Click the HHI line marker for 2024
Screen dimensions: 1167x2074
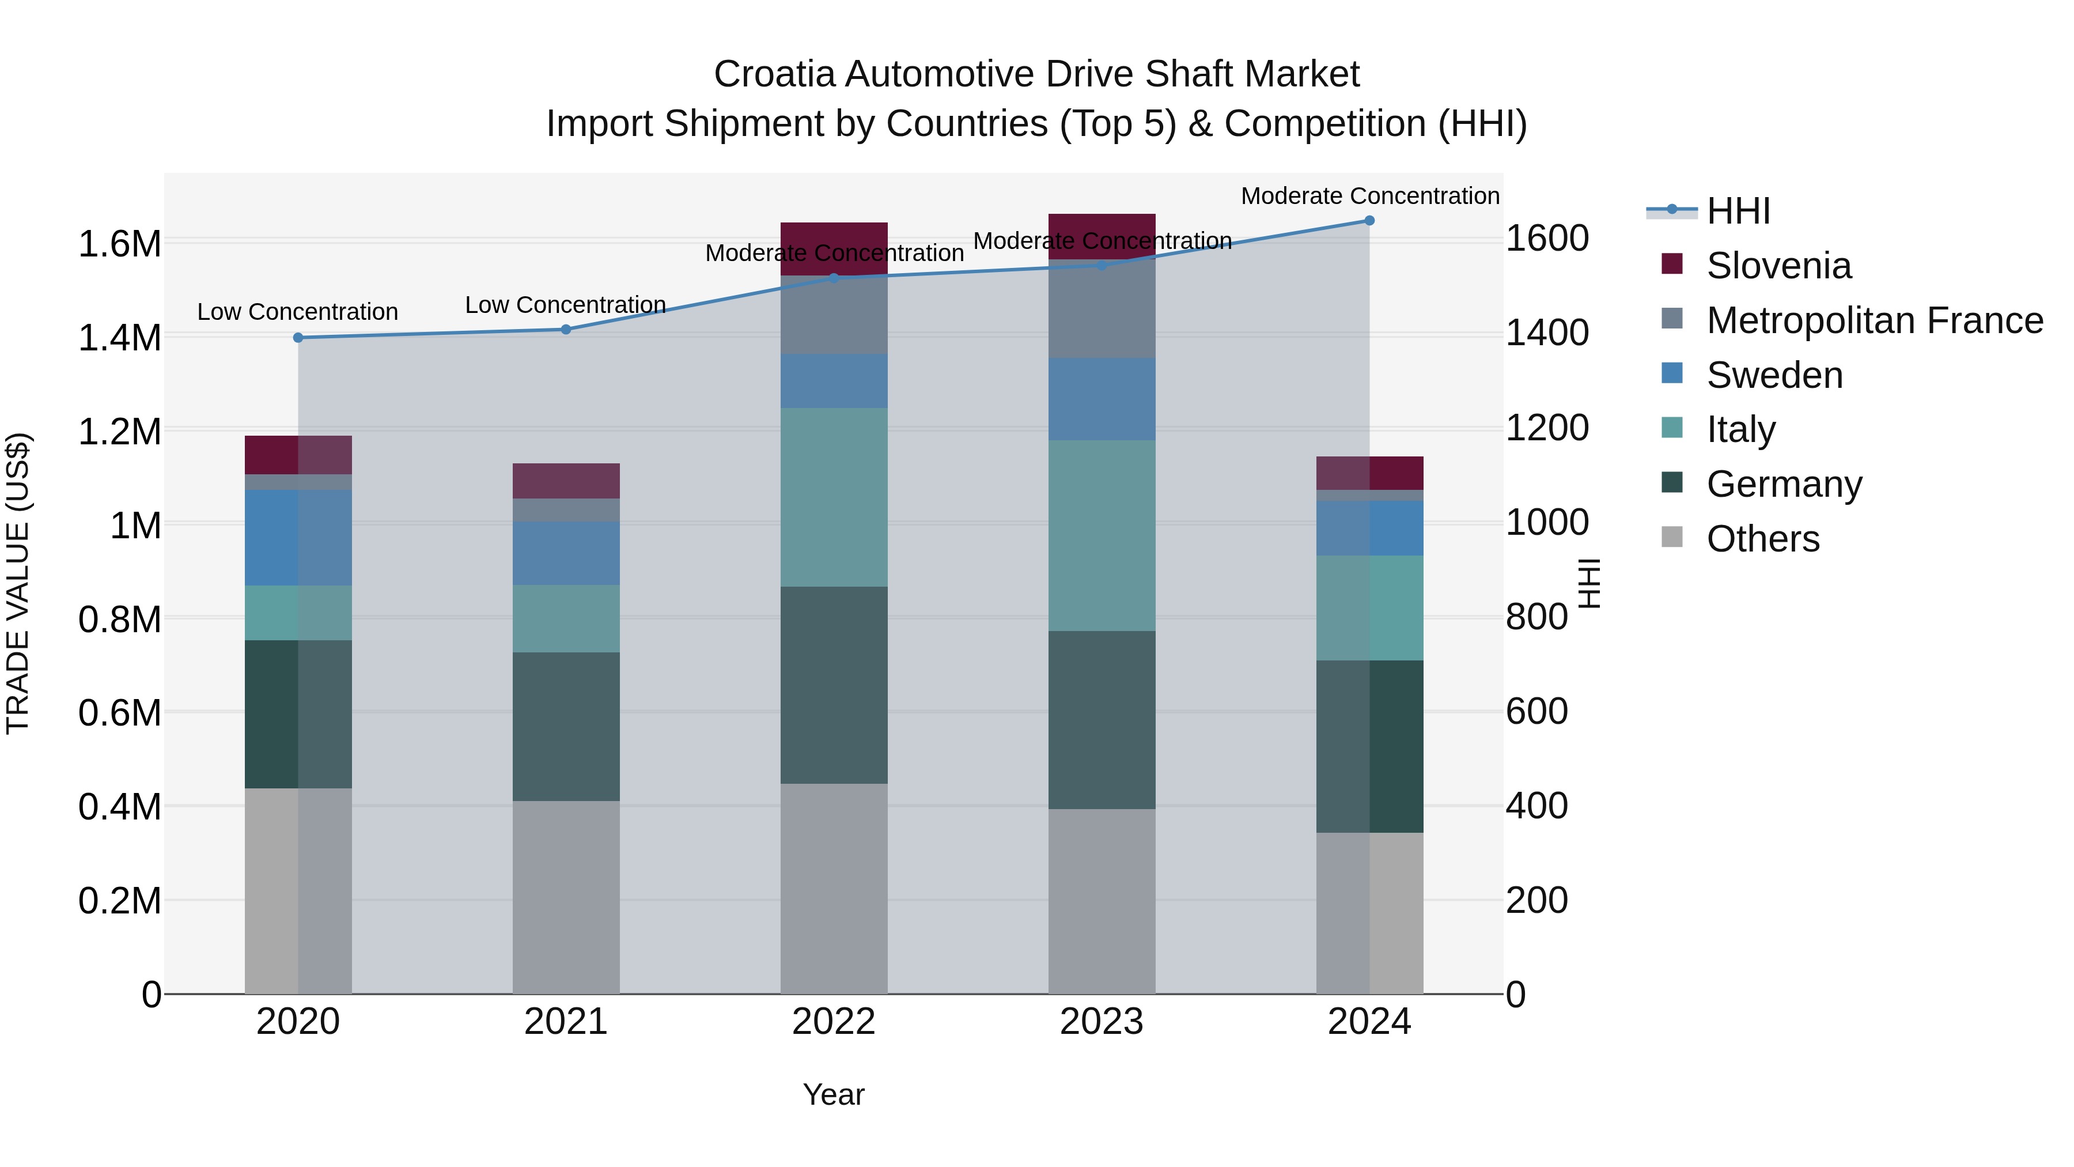click(x=1369, y=221)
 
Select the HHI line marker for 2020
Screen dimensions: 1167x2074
click(x=298, y=338)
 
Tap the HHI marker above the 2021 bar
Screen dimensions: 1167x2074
click(x=566, y=330)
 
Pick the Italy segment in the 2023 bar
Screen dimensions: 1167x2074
click(x=1102, y=535)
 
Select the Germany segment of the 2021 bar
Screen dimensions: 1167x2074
click(x=566, y=727)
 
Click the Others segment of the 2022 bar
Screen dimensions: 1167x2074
click(x=834, y=888)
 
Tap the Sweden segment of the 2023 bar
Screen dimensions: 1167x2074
click(x=1102, y=399)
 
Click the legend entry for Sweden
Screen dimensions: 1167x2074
click(x=1774, y=375)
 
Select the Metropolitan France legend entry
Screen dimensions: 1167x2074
click(x=1874, y=320)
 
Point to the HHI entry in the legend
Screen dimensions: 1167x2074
click(x=1738, y=211)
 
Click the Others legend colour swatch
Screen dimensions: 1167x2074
click(x=1672, y=537)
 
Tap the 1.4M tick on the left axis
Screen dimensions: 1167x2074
click(x=120, y=338)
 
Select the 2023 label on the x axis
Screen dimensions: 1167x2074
click(x=1102, y=1022)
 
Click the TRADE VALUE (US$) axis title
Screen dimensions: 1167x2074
click(x=18, y=583)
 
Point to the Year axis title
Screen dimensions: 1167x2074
click(x=833, y=1094)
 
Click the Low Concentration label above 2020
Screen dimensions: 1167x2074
click(x=298, y=312)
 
